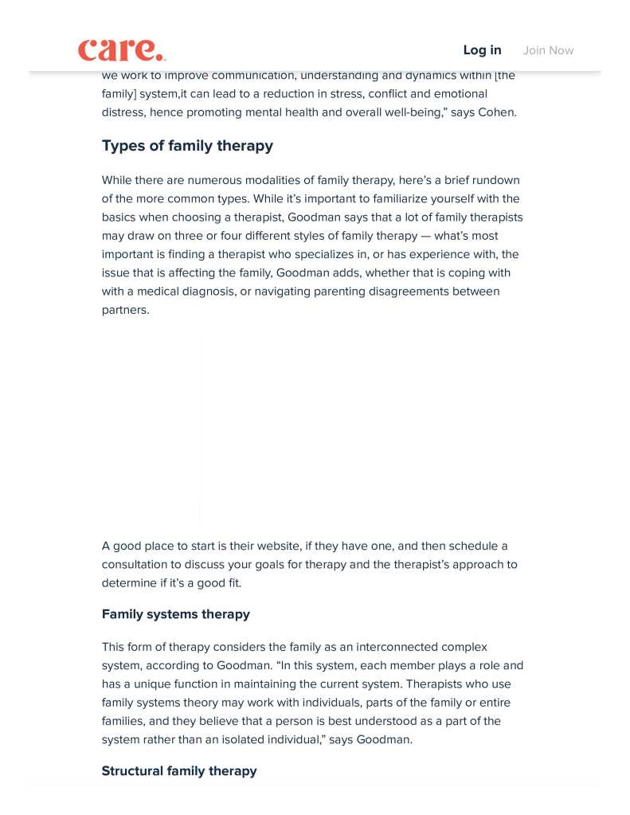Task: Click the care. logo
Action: pyautogui.click(x=122, y=50)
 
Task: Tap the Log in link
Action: pyautogui.click(x=482, y=50)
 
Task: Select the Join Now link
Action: pyautogui.click(x=548, y=50)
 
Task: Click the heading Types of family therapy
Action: pyautogui.click(x=187, y=146)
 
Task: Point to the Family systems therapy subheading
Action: pyautogui.click(x=175, y=614)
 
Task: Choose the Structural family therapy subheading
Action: pyautogui.click(x=179, y=771)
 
